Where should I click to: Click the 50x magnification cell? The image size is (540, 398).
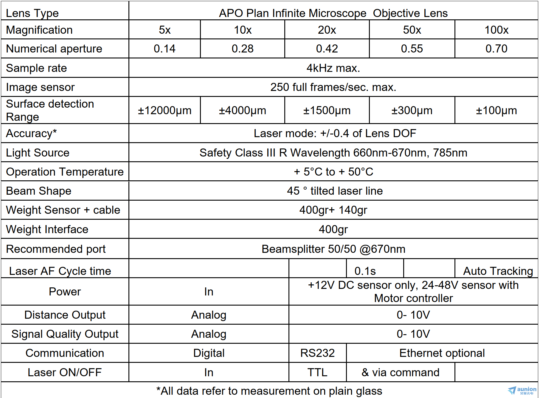412,30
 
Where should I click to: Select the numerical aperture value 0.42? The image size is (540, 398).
327,49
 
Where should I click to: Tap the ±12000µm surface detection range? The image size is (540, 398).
165,110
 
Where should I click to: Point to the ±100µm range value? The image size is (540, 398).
496,110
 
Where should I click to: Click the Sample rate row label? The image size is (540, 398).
36,68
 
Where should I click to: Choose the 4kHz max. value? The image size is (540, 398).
333,68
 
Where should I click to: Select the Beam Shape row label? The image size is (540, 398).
39,191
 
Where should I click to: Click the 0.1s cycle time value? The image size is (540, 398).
365,271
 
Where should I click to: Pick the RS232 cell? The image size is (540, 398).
317,353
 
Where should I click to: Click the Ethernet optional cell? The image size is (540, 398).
442,353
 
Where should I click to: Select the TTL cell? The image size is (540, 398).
317,372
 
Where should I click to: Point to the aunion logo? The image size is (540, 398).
522,391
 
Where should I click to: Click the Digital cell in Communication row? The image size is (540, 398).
209,353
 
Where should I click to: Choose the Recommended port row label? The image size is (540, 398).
56,249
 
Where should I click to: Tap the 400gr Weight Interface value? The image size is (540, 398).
333,229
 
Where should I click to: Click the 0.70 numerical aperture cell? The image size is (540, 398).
496,49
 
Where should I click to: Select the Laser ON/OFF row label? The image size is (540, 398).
65,372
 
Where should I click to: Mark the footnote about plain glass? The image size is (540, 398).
269,391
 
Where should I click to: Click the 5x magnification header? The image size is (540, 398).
165,30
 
